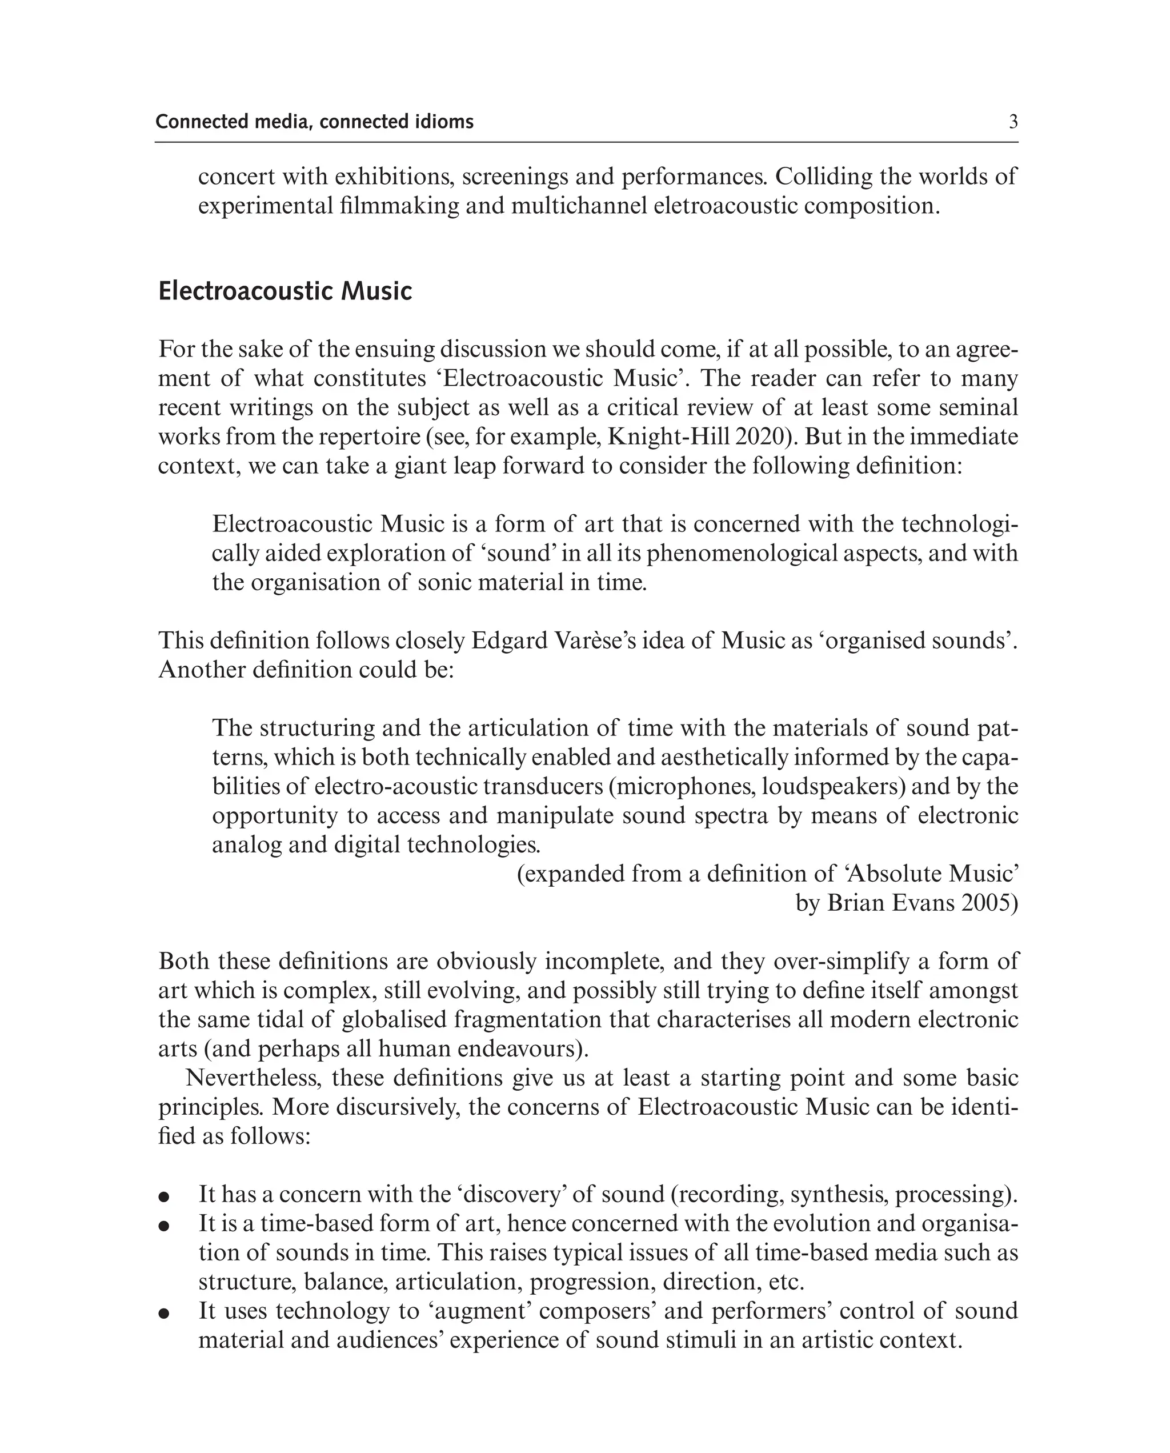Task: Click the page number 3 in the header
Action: point(1013,122)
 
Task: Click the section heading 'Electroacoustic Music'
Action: point(285,291)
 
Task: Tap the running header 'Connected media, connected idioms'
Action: point(314,122)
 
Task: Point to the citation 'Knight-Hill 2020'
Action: point(701,437)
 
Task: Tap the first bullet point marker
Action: point(163,1197)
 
